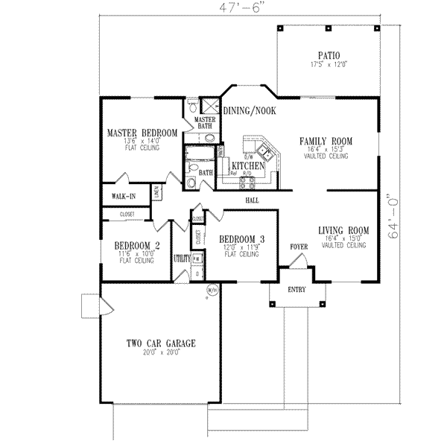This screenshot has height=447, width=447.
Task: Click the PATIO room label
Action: pyautogui.click(x=328, y=55)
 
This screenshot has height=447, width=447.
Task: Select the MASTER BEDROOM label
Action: pyautogui.click(x=142, y=133)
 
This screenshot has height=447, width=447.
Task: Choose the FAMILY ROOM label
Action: pyautogui.click(x=326, y=141)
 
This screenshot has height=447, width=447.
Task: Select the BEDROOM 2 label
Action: pyautogui.click(x=137, y=246)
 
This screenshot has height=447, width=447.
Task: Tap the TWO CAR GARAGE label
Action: pyautogui.click(x=160, y=343)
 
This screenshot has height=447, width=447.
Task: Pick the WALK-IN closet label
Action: pyautogui.click(x=123, y=197)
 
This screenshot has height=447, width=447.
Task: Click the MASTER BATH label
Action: pyautogui.click(x=204, y=122)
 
